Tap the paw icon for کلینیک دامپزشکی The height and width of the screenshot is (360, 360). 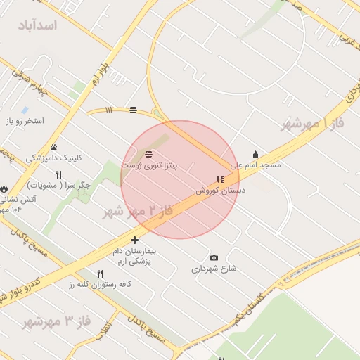click(x=53, y=146)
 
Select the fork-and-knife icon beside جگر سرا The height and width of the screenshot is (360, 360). click(x=59, y=174)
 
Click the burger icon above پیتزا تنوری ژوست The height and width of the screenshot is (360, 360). click(x=148, y=154)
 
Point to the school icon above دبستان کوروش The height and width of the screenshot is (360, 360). click(x=220, y=180)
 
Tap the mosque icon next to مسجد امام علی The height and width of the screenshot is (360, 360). click(x=255, y=154)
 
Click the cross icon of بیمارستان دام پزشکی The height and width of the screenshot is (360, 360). click(x=134, y=240)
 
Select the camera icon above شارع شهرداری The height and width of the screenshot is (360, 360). click(x=214, y=258)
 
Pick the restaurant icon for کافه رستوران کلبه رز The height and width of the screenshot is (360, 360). click(x=100, y=274)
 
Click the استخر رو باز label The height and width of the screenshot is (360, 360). click(x=25, y=121)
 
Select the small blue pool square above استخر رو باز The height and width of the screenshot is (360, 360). click(x=25, y=110)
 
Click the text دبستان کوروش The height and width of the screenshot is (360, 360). click(x=220, y=191)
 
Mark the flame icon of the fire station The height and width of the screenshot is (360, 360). click(x=4, y=188)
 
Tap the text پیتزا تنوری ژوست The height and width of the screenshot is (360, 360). click(x=149, y=165)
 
